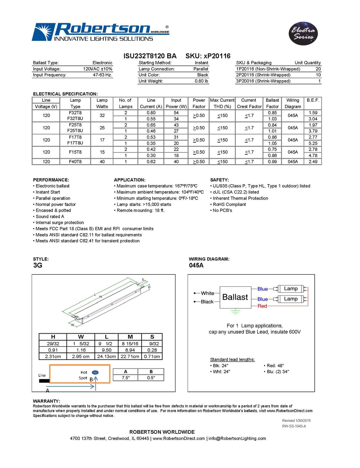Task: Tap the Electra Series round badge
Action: click(303, 33)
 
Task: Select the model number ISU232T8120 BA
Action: click(150, 56)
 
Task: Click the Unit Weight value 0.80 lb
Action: click(201, 81)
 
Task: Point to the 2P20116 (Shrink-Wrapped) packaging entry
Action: click(263, 75)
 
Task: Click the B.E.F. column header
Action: click(313, 100)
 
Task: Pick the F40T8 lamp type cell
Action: click(75, 162)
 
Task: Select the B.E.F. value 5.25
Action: click(313, 143)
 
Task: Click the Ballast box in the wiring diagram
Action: click(235, 297)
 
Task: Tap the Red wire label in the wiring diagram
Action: click(262, 306)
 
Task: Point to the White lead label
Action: click(208, 293)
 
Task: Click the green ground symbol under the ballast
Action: click(235, 311)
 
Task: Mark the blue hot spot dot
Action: click(95, 372)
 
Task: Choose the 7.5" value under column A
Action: click(126, 378)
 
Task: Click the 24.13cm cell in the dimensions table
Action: click(106, 357)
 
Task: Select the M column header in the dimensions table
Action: click(130, 337)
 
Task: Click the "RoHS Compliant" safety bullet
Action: click(229, 204)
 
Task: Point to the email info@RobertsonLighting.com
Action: click(237, 439)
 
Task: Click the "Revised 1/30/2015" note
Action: click(296, 421)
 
